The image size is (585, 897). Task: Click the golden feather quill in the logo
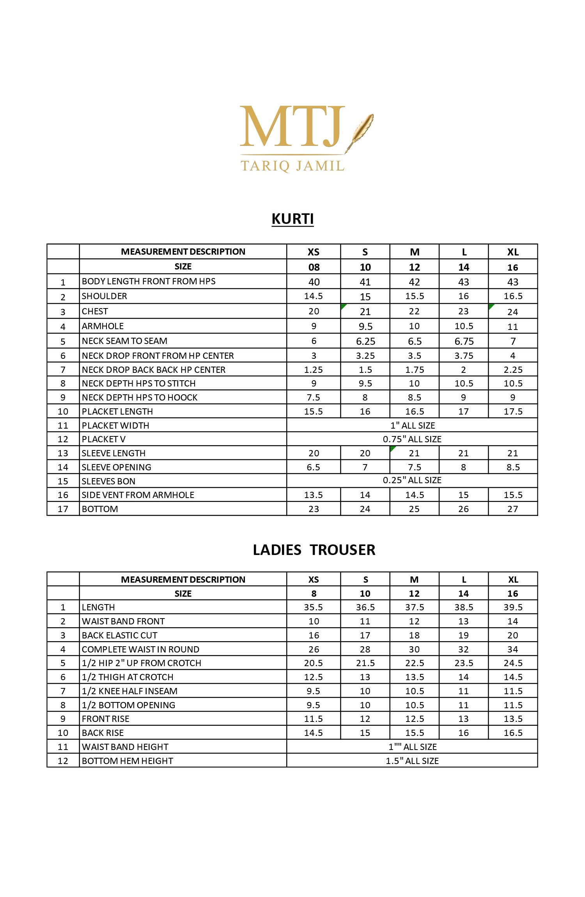[361, 131]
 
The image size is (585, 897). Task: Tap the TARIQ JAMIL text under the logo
[292, 166]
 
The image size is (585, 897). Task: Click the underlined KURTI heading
[292, 219]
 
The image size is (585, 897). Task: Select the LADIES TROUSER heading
[314, 550]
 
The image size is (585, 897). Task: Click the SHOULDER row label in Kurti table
[105, 296]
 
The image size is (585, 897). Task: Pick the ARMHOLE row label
[103, 326]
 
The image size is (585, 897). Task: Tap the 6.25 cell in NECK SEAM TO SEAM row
[365, 342]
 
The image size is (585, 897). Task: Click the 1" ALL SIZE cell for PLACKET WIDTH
[413, 425]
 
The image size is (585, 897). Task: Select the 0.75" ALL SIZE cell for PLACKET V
[412, 439]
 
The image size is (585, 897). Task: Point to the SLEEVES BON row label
[108, 481]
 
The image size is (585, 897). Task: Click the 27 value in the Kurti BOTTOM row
[513, 509]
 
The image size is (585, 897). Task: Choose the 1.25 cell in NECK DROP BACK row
[314, 370]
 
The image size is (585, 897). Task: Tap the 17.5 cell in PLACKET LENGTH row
[513, 411]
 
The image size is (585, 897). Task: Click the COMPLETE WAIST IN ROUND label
[140, 649]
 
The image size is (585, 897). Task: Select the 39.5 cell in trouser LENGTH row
[513, 607]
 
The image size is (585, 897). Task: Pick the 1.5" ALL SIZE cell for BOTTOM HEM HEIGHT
[412, 761]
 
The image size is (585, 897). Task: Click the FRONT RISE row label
[105, 719]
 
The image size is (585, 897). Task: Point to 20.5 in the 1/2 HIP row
[314, 663]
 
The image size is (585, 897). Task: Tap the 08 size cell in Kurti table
[314, 267]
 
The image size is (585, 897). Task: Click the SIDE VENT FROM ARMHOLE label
[138, 495]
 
